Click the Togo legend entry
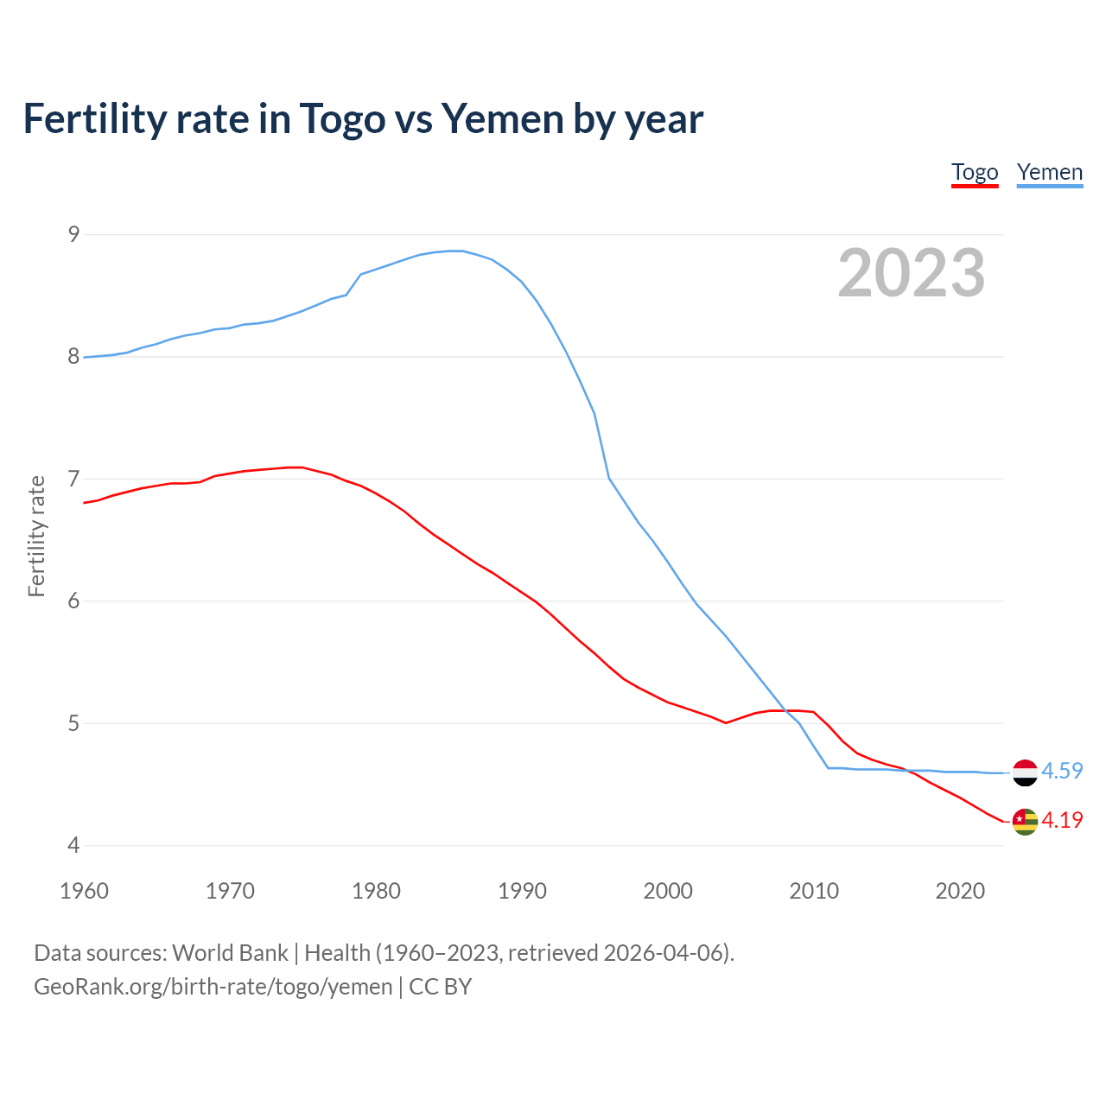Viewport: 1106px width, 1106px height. tap(975, 172)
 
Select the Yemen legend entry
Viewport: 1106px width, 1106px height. tap(1049, 172)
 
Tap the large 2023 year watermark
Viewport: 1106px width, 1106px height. tap(911, 273)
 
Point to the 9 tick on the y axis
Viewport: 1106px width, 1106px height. tap(73, 234)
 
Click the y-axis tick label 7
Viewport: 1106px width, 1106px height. tap(73, 479)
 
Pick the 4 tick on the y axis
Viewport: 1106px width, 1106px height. tap(73, 845)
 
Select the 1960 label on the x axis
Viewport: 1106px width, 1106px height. tap(84, 891)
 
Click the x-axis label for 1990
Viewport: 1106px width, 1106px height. tap(522, 891)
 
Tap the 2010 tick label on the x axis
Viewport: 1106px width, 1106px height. tap(814, 891)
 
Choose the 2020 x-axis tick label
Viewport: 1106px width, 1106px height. tap(960, 891)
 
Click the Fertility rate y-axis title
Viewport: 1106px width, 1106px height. tap(36, 536)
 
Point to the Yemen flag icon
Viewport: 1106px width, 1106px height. tap(1024, 772)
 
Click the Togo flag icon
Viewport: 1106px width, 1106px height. tap(1024, 822)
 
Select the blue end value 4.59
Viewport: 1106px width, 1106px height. tap(1062, 771)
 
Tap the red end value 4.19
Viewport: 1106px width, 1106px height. tap(1062, 820)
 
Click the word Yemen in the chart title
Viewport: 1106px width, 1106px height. tap(502, 118)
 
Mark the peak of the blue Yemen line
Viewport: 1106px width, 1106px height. tap(455, 251)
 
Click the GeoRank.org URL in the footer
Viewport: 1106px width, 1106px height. tap(213, 987)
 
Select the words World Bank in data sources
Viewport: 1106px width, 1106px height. tap(230, 953)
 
